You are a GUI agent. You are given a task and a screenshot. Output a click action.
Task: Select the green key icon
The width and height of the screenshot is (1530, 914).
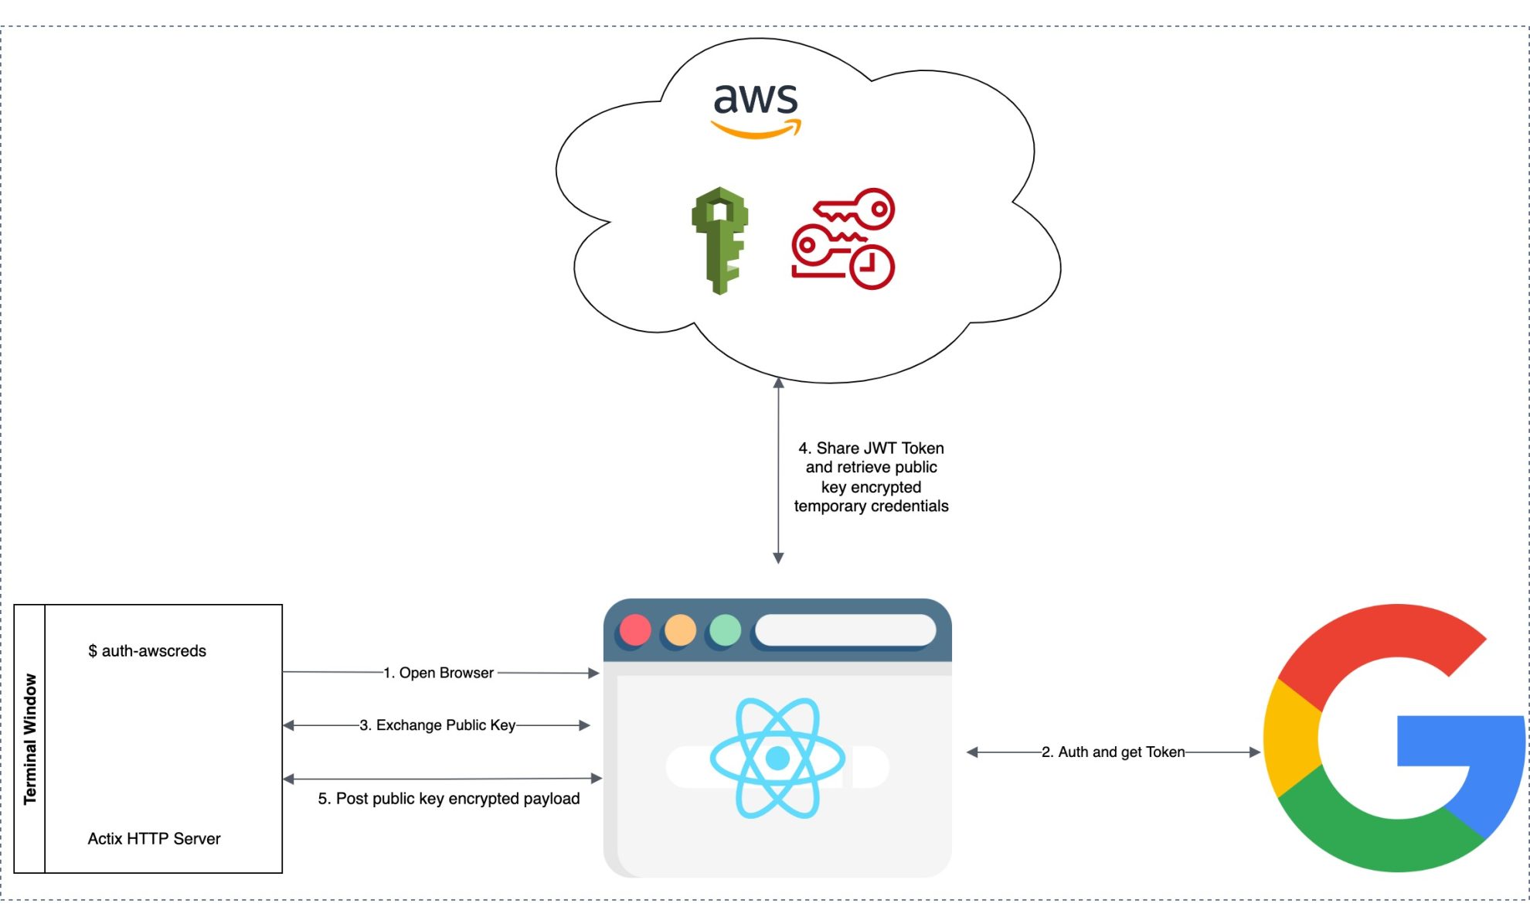(719, 240)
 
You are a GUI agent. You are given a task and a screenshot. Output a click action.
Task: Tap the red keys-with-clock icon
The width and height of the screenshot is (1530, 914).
(843, 238)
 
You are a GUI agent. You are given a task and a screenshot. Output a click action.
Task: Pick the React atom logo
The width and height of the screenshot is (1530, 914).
(777, 758)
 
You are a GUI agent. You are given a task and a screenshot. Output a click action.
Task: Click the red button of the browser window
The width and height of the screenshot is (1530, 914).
(635, 630)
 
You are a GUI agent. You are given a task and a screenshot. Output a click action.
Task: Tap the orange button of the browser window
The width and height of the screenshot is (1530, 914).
(680, 630)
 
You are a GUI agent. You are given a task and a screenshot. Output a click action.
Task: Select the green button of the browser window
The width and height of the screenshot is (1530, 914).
(725, 630)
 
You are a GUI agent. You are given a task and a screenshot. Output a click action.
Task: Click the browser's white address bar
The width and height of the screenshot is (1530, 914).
(845, 630)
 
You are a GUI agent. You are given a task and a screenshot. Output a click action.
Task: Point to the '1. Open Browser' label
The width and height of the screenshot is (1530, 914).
(438, 673)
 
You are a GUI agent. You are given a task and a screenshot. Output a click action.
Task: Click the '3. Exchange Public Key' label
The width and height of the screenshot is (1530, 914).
(437, 725)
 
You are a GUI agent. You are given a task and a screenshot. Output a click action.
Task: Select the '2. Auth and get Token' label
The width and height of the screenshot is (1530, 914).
(1113, 752)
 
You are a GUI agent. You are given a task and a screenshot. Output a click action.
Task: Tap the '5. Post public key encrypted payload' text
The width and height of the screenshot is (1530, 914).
(448, 799)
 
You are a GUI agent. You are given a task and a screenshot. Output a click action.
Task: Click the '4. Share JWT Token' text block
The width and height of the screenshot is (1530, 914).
(871, 477)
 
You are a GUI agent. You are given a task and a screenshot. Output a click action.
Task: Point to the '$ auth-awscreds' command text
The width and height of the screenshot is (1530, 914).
(147, 651)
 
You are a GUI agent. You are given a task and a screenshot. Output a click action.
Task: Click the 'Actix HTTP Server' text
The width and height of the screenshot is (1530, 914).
(154, 839)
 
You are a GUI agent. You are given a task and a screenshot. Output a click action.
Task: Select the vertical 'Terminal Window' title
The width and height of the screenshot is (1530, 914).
(30, 738)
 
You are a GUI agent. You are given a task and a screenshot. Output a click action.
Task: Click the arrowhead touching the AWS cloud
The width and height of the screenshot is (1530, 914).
(778, 383)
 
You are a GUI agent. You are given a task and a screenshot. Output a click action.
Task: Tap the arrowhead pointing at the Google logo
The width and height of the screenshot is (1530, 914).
(1254, 752)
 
